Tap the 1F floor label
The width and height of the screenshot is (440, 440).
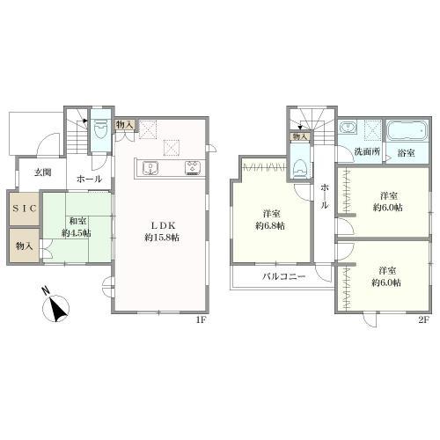pos(202,320)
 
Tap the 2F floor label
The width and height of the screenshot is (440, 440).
pos(424,320)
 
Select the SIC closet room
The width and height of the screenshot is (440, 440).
pos(25,209)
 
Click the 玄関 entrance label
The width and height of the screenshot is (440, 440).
pos(43,172)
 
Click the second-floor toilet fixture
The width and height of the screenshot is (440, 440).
pos(300,169)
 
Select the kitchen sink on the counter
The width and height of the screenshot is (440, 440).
pos(150,168)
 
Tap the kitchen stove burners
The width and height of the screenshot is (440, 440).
pos(193,168)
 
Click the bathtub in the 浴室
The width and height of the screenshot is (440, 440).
pos(407,131)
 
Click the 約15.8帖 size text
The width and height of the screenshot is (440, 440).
pos(162,238)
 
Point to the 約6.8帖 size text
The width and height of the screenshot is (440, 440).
pos(271,226)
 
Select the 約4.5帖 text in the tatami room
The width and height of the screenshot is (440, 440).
pos(77,233)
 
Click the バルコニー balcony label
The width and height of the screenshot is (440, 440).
pos(284,276)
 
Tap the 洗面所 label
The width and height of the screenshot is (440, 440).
pos(368,151)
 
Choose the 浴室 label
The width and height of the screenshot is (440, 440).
pos(406,153)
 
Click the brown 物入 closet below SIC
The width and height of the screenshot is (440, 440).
pos(25,246)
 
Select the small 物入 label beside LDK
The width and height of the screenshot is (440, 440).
pos(125,125)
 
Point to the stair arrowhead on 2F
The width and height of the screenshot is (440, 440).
pos(300,128)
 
